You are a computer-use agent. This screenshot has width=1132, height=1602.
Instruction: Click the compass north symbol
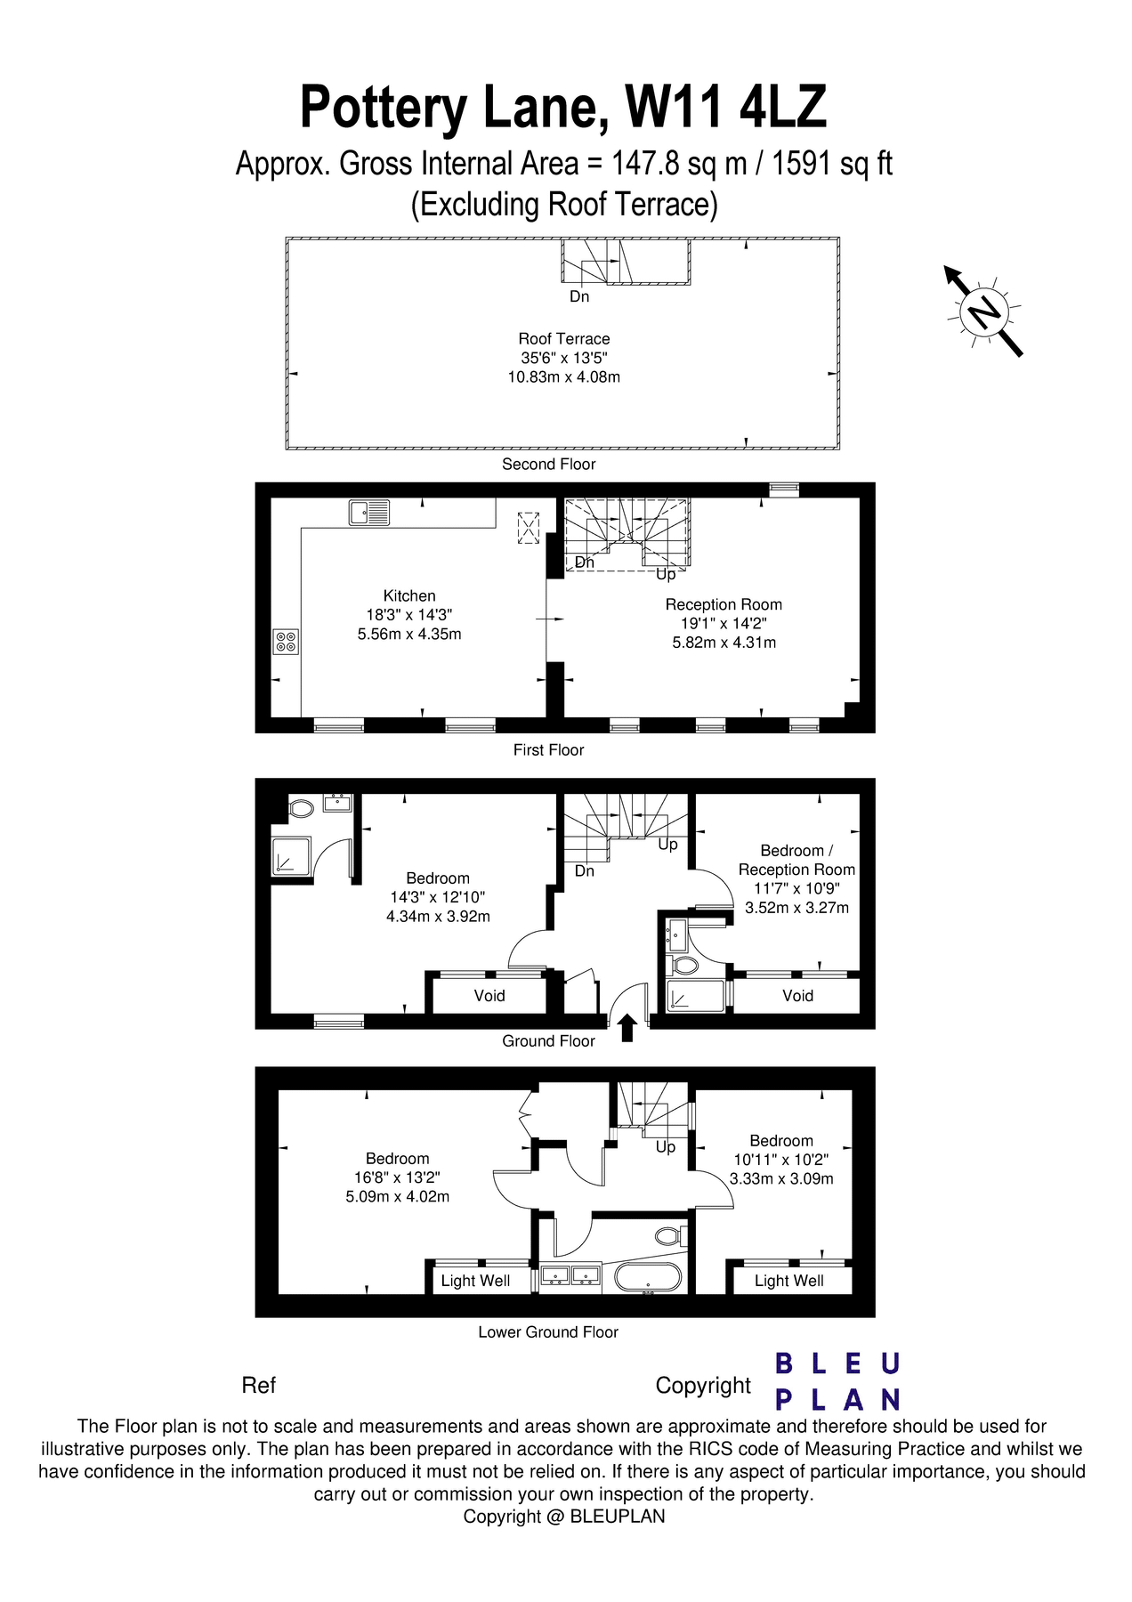(x=984, y=311)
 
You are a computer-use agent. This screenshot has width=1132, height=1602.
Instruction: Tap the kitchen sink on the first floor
(x=369, y=513)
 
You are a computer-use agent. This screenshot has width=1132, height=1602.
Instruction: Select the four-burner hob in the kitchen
(x=286, y=642)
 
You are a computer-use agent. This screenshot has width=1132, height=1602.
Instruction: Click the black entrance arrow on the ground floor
(x=627, y=1027)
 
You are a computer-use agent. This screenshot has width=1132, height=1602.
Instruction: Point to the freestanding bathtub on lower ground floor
(x=649, y=1277)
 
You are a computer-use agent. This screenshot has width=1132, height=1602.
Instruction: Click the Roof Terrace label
(x=564, y=339)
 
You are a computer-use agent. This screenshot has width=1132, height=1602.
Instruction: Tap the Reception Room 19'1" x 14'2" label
(x=724, y=623)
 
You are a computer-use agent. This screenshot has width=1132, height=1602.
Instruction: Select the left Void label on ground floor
(x=489, y=996)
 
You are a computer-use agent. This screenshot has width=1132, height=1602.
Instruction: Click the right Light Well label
(x=788, y=1281)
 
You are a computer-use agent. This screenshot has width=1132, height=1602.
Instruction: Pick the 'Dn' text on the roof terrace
(x=579, y=296)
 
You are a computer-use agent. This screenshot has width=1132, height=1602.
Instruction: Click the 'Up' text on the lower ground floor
(x=666, y=1147)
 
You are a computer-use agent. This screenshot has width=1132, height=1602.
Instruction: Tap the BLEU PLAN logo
(x=837, y=1381)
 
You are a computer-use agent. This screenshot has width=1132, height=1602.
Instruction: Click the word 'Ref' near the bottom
(x=258, y=1386)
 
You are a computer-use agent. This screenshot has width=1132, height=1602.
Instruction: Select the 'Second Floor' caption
(x=548, y=465)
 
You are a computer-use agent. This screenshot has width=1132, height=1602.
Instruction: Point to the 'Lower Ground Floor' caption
(x=548, y=1332)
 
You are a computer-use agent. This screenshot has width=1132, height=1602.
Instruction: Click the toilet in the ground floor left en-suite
(x=302, y=809)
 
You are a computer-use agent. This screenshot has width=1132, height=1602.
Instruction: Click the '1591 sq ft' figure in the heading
(x=831, y=164)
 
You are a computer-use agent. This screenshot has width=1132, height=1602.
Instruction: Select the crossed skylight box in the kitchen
(x=529, y=527)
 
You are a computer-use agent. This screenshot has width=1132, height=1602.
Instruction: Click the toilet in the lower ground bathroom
(x=668, y=1236)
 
